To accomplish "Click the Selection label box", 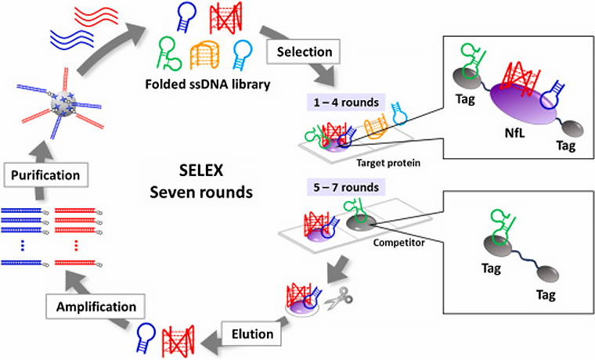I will coord(302,52).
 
